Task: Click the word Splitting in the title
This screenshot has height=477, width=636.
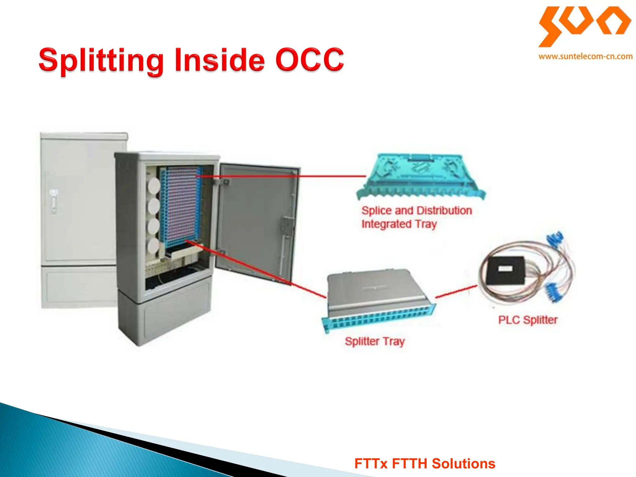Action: [101, 61]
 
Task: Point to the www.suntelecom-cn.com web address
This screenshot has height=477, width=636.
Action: [585, 57]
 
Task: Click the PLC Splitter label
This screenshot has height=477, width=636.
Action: [528, 320]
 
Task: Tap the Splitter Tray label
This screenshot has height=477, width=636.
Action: [375, 341]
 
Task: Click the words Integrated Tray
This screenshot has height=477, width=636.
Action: [399, 224]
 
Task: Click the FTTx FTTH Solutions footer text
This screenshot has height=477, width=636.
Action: [425, 464]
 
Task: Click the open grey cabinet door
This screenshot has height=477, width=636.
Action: [256, 220]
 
